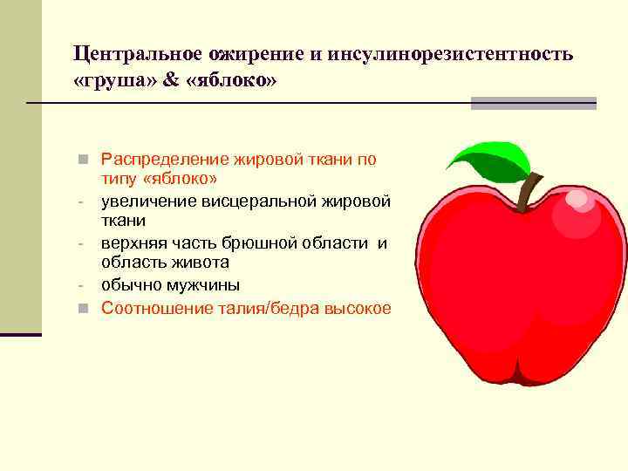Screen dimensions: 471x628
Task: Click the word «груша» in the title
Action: click(113, 81)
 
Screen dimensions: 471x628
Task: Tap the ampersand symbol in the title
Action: click(168, 81)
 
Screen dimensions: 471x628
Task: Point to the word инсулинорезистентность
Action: click(451, 53)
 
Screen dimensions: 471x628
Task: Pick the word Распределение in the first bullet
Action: click(164, 159)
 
